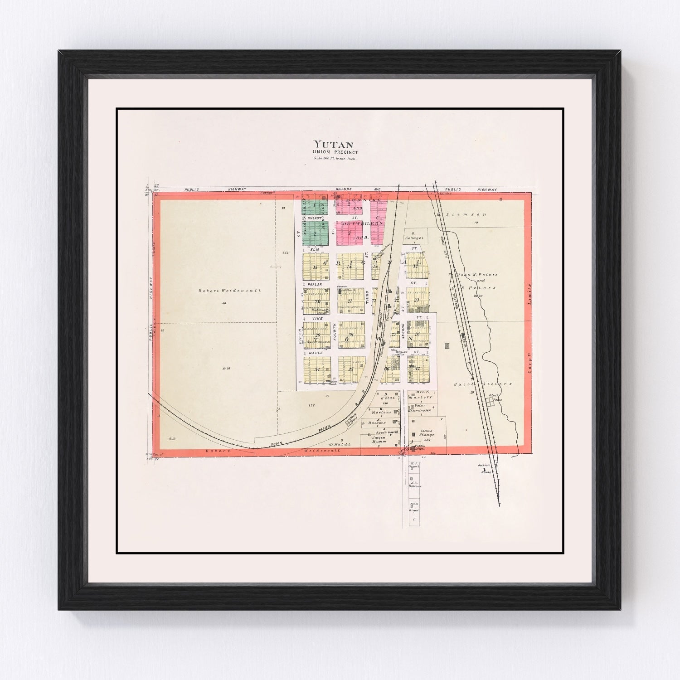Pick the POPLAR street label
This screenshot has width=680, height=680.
tap(314, 284)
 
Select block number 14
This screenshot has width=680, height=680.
tap(350, 267)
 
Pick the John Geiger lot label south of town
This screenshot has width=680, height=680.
tap(414, 507)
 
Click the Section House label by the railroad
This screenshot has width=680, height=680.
tap(485, 468)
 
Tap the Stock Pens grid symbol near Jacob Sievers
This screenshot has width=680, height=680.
tap(489, 401)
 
